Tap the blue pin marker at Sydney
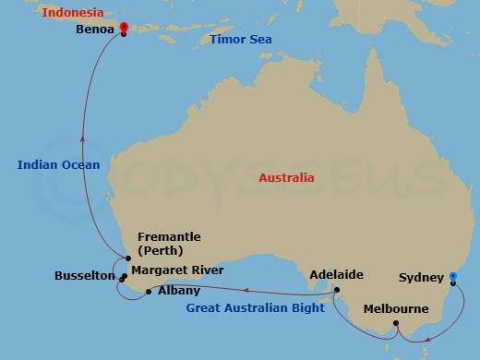coord(452,276)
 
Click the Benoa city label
coord(96,30)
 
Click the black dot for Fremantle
coord(128,258)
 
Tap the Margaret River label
coord(174,271)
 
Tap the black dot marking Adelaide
coord(336,291)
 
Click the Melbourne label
coord(397,308)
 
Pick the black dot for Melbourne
coord(396,323)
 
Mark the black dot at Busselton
coord(123,276)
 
